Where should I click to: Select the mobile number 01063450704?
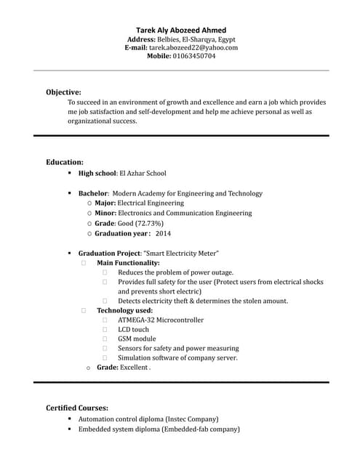(193, 56)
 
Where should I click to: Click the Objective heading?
(63, 92)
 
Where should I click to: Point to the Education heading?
(65, 161)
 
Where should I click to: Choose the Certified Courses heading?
(77, 408)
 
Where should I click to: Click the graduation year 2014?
(163, 234)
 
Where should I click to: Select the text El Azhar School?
(143, 174)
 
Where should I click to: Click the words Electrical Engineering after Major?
(151, 203)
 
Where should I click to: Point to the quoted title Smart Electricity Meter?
(181, 253)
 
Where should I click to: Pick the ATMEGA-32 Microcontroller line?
(161, 320)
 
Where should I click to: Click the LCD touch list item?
(134, 330)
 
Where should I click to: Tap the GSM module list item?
(137, 339)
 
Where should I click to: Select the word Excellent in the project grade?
(134, 368)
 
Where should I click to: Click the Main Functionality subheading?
(128, 262)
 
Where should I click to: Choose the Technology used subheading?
(124, 310)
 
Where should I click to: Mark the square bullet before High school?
(69, 174)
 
